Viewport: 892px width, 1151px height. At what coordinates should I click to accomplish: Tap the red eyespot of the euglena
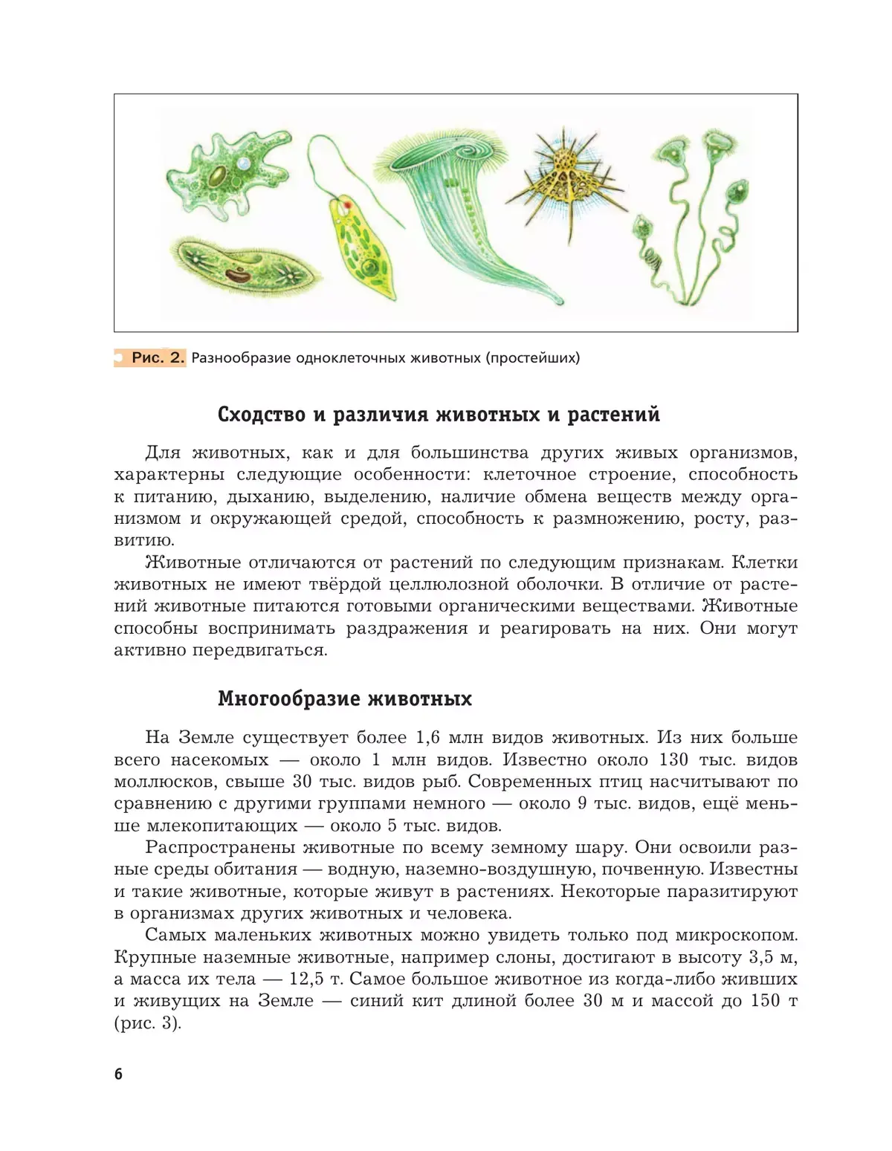click(x=346, y=204)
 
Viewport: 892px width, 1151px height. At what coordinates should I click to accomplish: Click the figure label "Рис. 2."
click(x=157, y=357)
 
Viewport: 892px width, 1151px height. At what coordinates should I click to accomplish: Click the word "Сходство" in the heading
click(x=261, y=414)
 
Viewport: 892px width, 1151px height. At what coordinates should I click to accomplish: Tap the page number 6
click(x=119, y=1074)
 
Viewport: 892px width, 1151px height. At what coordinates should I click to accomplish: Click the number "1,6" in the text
click(x=428, y=738)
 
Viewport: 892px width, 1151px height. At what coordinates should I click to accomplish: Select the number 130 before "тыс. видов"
click(x=673, y=759)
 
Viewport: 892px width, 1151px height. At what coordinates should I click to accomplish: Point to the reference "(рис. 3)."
click(x=148, y=1022)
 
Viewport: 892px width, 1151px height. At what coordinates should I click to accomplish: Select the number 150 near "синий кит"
click(x=765, y=1001)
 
